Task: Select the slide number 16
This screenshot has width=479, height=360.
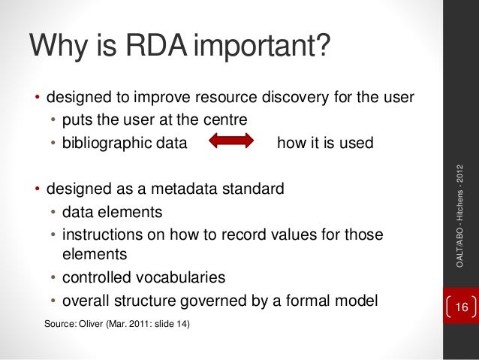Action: pyautogui.click(x=461, y=308)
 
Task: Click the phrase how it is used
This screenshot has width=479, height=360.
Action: pyautogui.click(x=325, y=143)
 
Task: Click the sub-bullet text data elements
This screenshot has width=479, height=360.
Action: pyautogui.click(x=112, y=211)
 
